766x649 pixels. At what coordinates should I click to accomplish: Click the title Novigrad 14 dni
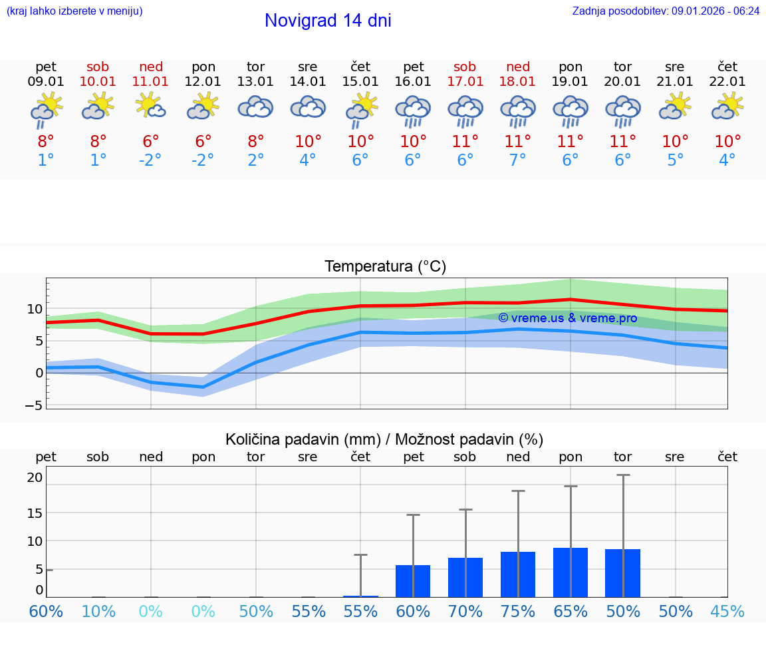coord(328,21)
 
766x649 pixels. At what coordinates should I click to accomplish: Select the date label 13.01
coord(255,82)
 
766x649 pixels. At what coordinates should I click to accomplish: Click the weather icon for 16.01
coord(413,110)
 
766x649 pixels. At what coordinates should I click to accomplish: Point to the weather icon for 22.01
coord(727,107)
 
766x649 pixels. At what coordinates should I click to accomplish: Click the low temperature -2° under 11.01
coord(151,160)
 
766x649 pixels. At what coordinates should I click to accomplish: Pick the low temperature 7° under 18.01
coord(518,160)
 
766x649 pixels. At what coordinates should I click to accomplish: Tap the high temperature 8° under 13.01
coord(256,142)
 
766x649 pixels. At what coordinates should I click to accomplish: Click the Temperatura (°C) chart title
coord(385,267)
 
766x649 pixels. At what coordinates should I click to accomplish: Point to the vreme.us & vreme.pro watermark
coord(567,318)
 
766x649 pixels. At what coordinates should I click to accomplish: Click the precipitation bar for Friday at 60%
coord(413,580)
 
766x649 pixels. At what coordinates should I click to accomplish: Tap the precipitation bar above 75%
coord(518,574)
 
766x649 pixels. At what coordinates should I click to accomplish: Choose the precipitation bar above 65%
coord(571,572)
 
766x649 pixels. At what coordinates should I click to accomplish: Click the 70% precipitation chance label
coord(465,612)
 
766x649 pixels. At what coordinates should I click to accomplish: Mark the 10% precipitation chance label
coord(98,612)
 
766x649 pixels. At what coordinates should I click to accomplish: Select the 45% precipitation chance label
coord(727,612)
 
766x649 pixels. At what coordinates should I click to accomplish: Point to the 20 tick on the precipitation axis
coord(35,477)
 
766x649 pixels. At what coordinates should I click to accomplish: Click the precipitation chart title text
coord(384,439)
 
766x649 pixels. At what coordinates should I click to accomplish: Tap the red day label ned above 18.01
coord(518,67)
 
